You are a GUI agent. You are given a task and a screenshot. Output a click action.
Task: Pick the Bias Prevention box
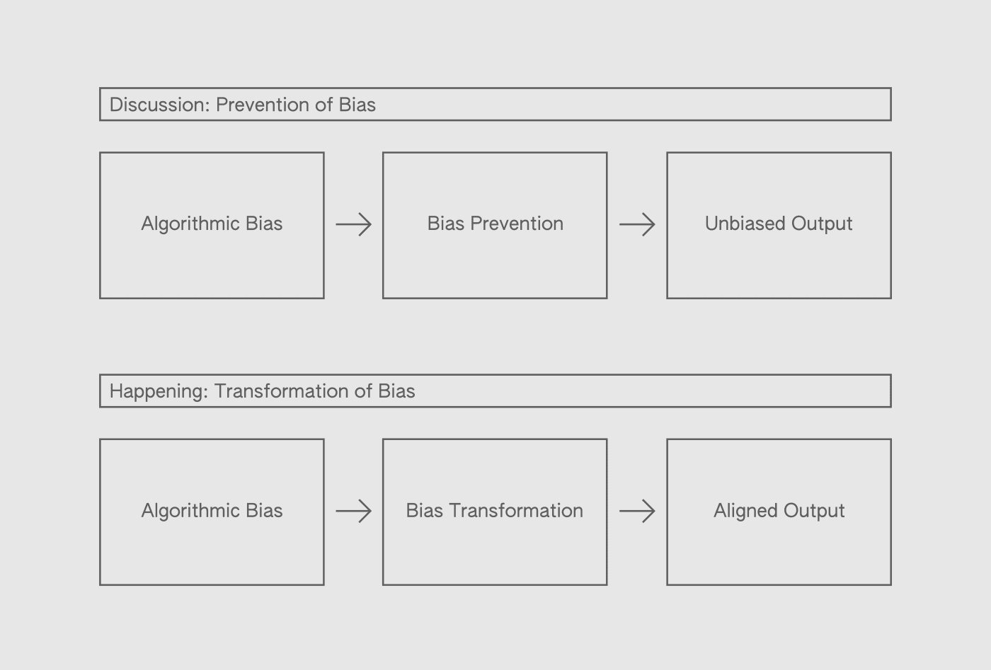(495, 225)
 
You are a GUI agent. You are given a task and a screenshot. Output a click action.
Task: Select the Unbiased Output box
(779, 225)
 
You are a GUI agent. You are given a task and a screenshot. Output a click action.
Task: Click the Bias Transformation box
(495, 512)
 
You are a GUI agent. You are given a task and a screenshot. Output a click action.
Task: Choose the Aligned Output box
(779, 512)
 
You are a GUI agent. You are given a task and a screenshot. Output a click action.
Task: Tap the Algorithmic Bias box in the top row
(212, 225)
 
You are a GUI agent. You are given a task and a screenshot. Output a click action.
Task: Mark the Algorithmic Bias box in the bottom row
(212, 512)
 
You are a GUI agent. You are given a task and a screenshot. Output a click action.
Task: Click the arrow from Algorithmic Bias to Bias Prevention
(353, 225)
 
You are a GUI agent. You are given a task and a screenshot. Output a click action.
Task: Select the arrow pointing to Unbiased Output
(637, 225)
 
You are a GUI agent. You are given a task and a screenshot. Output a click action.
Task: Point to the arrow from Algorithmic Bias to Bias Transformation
(353, 511)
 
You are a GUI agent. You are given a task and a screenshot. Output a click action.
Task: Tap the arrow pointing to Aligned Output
(637, 511)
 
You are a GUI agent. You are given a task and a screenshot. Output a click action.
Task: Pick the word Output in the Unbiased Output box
(822, 224)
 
